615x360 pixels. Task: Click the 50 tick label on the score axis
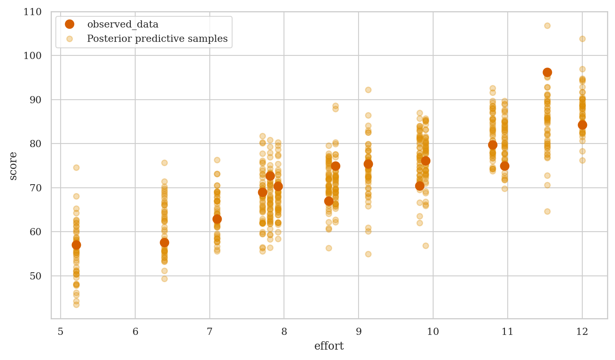(35, 276)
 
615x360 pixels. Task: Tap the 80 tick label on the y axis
(35, 144)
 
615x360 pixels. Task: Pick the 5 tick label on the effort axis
(61, 332)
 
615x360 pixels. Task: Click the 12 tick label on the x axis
(582, 332)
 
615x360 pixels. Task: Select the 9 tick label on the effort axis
(359, 332)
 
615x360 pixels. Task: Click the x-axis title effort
(329, 346)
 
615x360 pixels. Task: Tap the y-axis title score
(13, 166)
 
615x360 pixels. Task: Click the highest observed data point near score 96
(547, 72)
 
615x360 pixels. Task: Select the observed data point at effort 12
(582, 125)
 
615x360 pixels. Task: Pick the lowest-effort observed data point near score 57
(76, 245)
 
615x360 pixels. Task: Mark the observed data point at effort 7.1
(217, 219)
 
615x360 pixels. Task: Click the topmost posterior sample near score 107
(547, 26)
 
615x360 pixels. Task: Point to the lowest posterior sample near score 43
(76, 305)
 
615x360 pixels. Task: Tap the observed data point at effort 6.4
(164, 242)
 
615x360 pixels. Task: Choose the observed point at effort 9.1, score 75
(368, 164)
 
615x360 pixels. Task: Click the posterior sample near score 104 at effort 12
(582, 39)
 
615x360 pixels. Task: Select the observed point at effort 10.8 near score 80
(493, 145)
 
